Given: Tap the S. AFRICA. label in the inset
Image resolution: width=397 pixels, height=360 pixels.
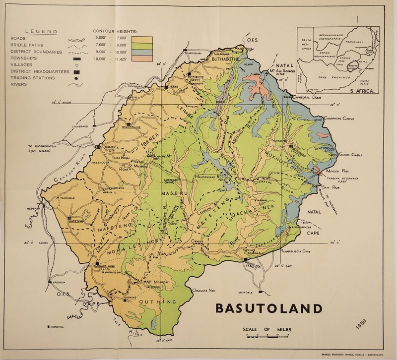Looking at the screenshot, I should [x=362, y=91].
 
